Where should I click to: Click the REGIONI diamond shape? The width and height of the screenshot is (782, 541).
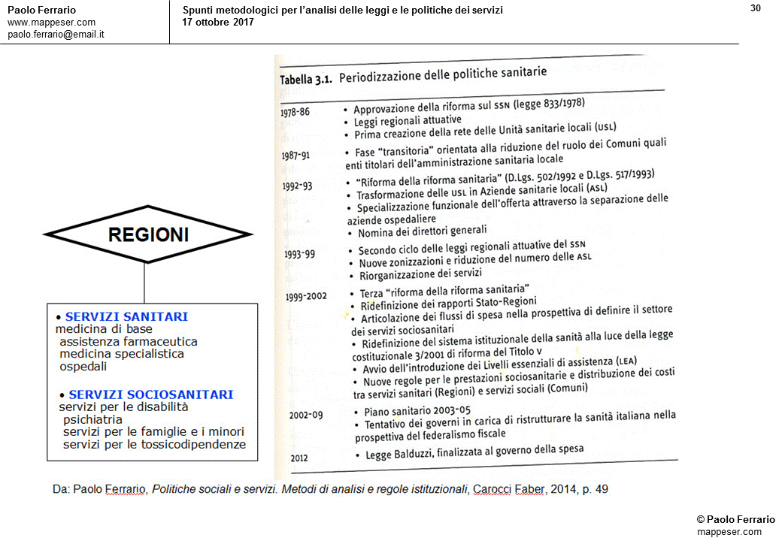pos(148,235)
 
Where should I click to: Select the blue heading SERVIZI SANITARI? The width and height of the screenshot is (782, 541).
pos(126,317)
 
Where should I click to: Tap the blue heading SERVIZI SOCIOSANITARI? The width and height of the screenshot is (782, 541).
pos(150,394)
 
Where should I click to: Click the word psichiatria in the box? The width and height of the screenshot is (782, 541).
pos(92,419)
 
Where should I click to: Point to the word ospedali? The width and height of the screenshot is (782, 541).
pos(83,367)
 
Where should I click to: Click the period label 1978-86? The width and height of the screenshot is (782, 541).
pos(295,111)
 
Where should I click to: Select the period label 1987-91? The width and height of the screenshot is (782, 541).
pos(296,156)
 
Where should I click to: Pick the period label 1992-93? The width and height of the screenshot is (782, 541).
pos(298,186)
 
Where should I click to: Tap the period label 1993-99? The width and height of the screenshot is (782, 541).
pos(300,253)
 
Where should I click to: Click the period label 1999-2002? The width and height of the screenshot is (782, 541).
pos(306,296)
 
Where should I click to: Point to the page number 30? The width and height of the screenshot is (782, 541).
pos(756,8)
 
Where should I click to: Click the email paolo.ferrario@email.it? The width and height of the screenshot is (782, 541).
pos(56,35)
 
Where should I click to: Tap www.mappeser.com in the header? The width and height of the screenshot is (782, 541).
pos(51,23)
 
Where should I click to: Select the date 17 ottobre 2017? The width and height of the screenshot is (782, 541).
pos(218,22)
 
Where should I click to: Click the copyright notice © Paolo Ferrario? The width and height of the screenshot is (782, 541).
pos(735,520)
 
